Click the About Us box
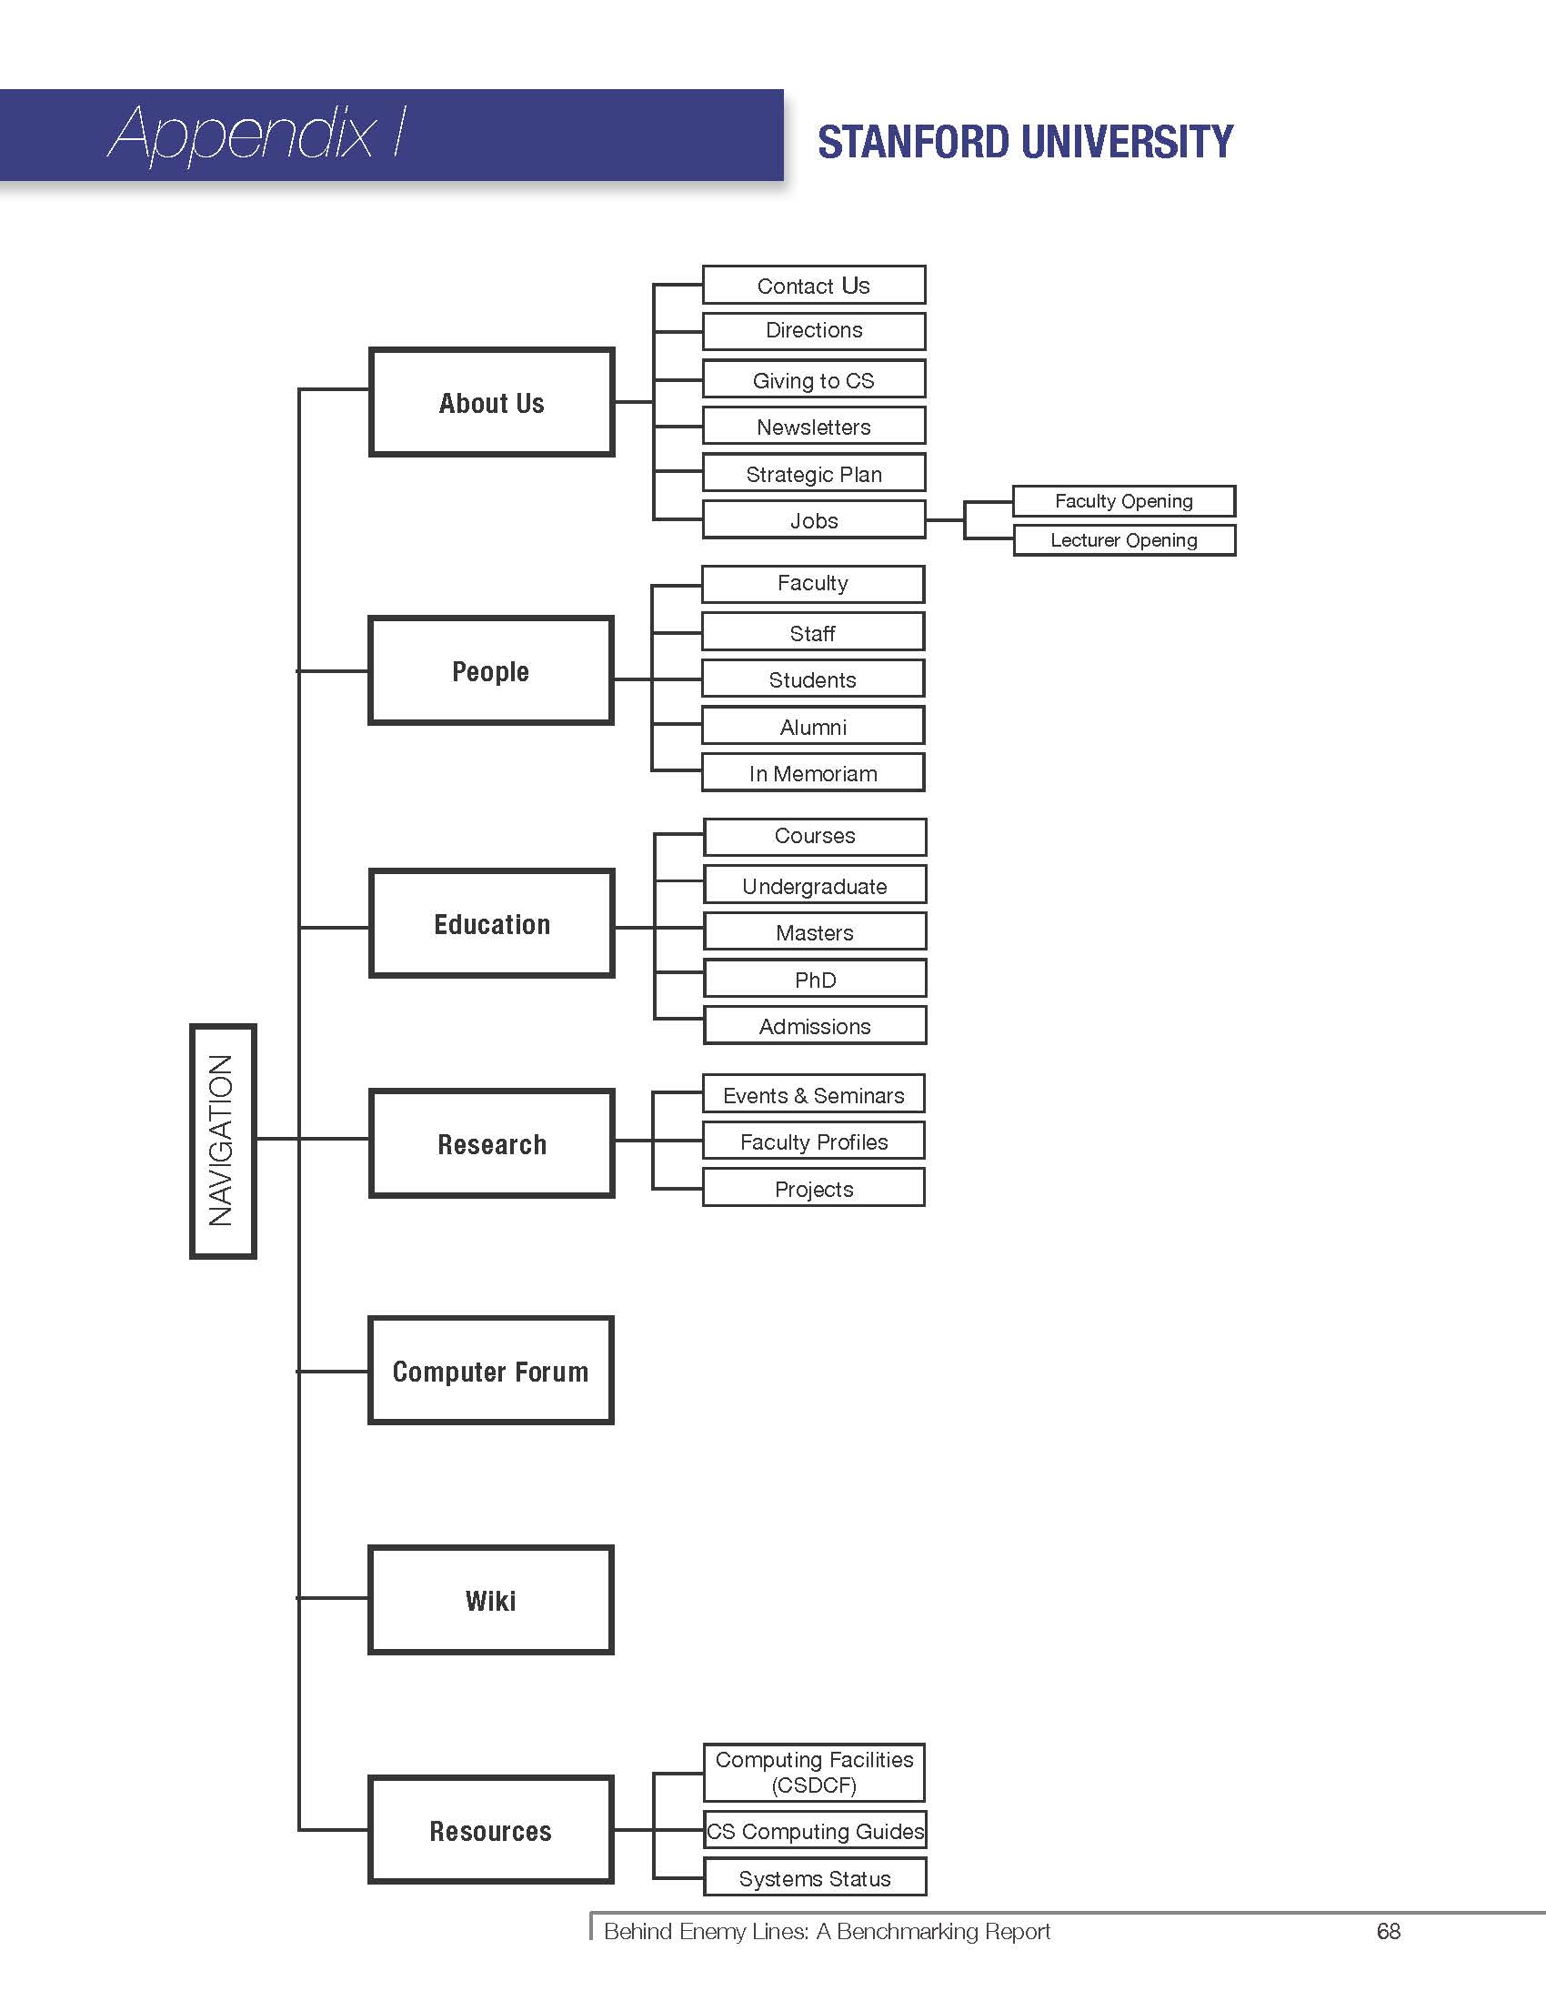tap(491, 402)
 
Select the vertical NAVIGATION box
tap(223, 1141)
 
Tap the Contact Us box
tap(813, 285)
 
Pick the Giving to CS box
tap(813, 379)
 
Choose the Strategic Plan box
tap(813, 474)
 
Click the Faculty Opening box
tap(1124, 501)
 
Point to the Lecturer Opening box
tap(1124, 539)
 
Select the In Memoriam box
tap(813, 773)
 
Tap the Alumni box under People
tap(813, 727)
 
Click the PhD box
tap(815, 980)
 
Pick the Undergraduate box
tap(815, 885)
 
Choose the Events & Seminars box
tap(813, 1095)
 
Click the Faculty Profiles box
tap(813, 1141)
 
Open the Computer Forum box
tap(491, 1371)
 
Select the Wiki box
tap(491, 1600)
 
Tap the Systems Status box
tap(815, 1877)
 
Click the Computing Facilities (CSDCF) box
tap(814, 1772)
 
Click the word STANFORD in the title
tap(915, 142)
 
